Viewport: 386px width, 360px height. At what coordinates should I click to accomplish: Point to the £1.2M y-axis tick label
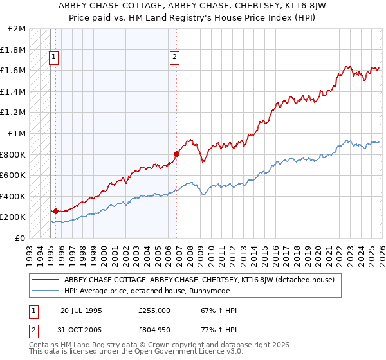14,113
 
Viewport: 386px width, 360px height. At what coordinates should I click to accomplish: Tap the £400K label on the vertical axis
14,196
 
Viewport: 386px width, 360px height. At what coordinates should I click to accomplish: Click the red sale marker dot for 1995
55,211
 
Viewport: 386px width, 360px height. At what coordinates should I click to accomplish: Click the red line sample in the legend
45,280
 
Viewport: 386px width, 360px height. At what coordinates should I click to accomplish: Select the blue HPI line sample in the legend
45,291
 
